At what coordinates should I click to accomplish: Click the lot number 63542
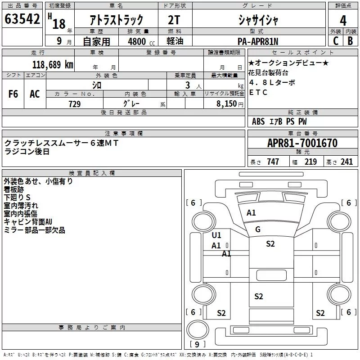pyautogui.click(x=22, y=19)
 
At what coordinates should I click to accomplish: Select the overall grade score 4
pyautogui.click(x=343, y=20)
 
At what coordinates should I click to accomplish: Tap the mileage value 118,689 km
pyautogui.click(x=53, y=64)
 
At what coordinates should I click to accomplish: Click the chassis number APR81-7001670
pyautogui.click(x=302, y=144)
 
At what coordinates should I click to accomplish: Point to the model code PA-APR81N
pyautogui.click(x=258, y=40)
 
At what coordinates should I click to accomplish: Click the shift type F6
pyautogui.click(x=13, y=94)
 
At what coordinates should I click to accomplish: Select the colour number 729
pyautogui.click(x=75, y=104)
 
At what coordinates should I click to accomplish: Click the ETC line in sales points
pyautogui.click(x=258, y=92)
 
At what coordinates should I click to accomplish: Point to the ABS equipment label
pyautogui.click(x=258, y=121)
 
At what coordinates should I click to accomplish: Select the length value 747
pyautogui.click(x=273, y=162)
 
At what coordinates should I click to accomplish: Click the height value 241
pyautogui.click(x=346, y=162)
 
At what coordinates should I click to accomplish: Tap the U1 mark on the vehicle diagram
pyautogui.click(x=216, y=235)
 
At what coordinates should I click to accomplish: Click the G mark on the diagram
pyautogui.click(x=258, y=229)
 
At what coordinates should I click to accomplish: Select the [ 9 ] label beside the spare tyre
pyautogui.click(x=194, y=345)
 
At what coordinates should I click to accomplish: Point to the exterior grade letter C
pyautogui.click(x=335, y=40)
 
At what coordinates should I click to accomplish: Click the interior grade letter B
pyautogui.click(x=350, y=40)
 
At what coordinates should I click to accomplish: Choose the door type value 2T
pyautogui.click(x=175, y=20)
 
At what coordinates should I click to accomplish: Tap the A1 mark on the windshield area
pyautogui.click(x=251, y=213)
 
